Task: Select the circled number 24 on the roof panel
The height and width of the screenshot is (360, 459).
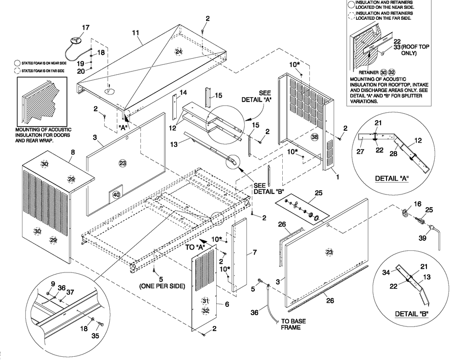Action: [179, 51]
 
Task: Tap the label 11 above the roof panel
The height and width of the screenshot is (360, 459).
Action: [135, 33]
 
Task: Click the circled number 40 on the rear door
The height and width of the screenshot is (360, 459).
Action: [116, 194]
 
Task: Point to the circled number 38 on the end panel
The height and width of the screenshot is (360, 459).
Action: [314, 137]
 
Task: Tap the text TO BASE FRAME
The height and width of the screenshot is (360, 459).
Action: [291, 325]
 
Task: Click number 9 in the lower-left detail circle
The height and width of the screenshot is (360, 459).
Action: [52, 284]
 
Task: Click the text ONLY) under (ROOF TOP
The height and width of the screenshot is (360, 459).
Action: [408, 53]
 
